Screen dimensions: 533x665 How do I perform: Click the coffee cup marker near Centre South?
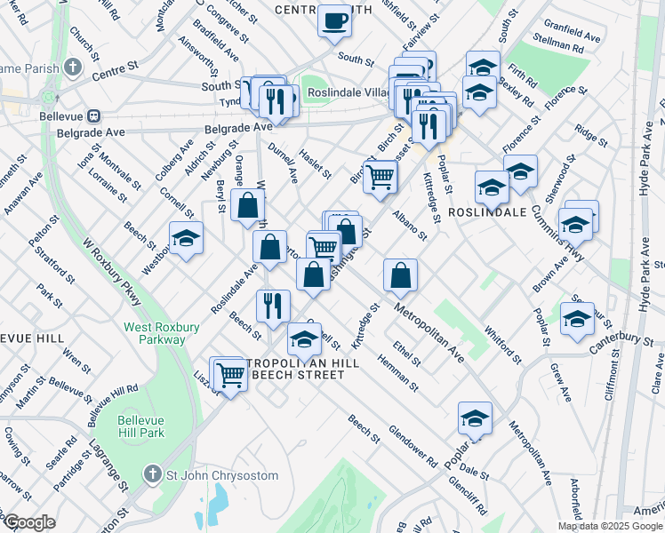[334, 20]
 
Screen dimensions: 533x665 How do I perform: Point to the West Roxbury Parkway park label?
[155, 333]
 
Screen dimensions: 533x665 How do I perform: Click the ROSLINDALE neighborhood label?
[489, 213]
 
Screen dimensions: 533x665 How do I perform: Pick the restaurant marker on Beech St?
[273, 305]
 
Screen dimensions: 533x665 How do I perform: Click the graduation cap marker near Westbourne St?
[186, 238]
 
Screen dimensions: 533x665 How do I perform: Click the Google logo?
[28, 521]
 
